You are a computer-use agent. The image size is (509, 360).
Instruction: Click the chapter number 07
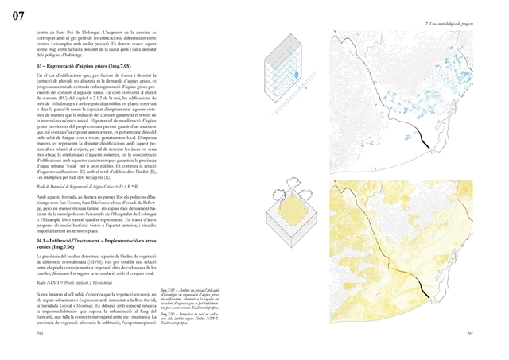click(x=18, y=15)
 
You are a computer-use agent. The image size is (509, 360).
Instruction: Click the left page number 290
click(x=41, y=335)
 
